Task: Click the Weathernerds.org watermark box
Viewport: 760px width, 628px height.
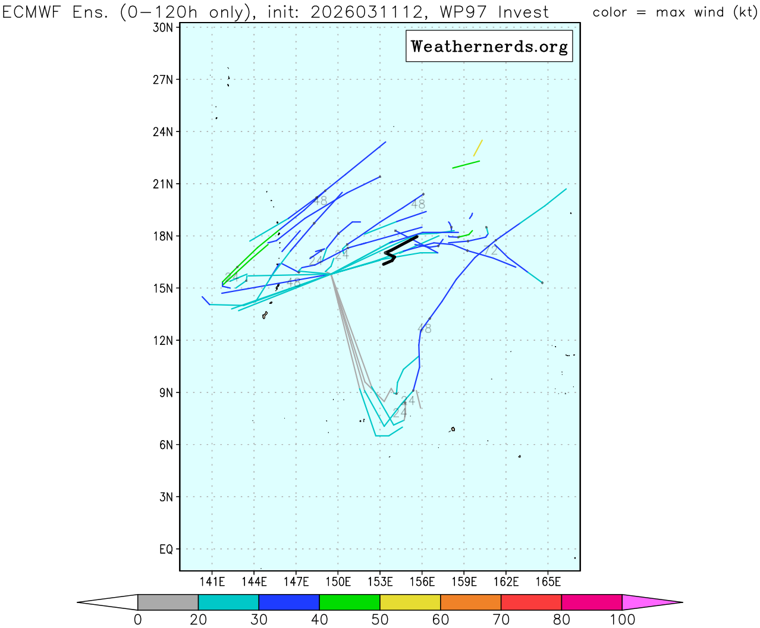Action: pos(489,46)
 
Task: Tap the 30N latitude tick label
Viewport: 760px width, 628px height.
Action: pos(162,27)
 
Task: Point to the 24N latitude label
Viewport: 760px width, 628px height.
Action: pos(162,132)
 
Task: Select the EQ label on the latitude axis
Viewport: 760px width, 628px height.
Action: pos(166,549)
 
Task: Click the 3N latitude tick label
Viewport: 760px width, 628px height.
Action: pos(166,497)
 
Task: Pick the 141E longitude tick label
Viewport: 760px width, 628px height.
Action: pos(212,582)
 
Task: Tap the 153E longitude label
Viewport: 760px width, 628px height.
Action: pos(380,582)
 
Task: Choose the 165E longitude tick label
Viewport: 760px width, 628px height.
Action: pos(548,582)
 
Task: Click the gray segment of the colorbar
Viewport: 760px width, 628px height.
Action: pos(168,602)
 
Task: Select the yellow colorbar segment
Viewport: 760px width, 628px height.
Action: pos(410,602)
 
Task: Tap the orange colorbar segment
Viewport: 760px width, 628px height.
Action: pos(470,602)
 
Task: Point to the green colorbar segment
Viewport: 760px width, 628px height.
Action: pos(350,602)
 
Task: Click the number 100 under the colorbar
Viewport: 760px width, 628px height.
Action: pos(622,620)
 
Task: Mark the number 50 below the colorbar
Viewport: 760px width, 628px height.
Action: pos(380,620)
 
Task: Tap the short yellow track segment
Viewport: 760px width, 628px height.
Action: pos(478,148)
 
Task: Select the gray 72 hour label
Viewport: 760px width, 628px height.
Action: pos(490,251)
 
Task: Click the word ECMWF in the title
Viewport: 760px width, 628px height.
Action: pos(33,12)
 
